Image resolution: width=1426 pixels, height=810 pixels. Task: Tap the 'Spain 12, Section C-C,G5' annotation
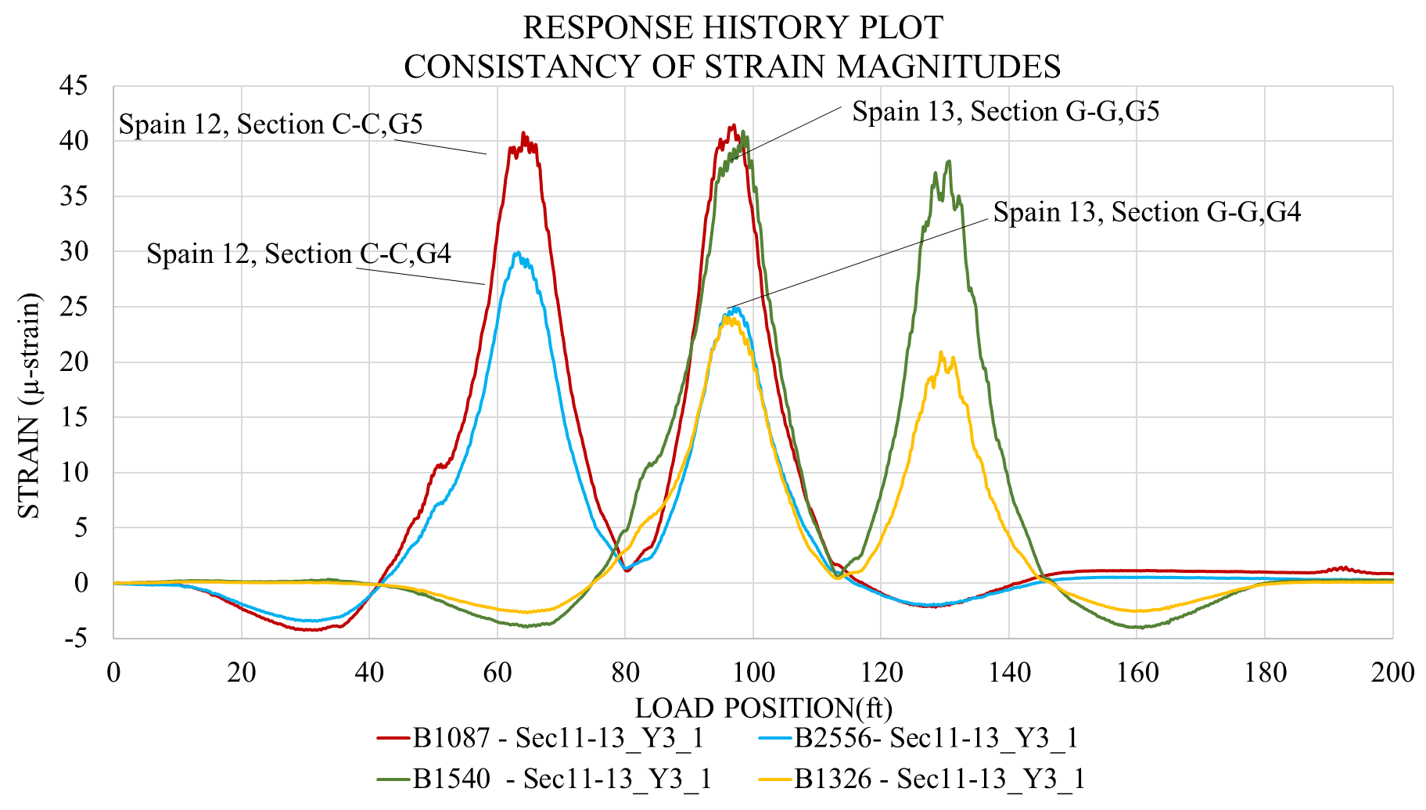pyautogui.click(x=271, y=124)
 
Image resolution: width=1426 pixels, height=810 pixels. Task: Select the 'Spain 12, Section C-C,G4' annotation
pyautogui.click(x=299, y=254)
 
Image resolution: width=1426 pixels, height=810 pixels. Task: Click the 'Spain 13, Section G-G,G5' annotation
pyautogui.click(x=1005, y=111)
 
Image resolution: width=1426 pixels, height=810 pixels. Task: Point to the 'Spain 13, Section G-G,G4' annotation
pyautogui.click(x=1147, y=212)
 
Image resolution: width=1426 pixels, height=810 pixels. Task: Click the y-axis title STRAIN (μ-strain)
pyautogui.click(x=29, y=405)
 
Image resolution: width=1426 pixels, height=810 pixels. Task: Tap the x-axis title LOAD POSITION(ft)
pyautogui.click(x=763, y=707)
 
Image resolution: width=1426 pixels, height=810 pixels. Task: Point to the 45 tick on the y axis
pyautogui.click(x=74, y=85)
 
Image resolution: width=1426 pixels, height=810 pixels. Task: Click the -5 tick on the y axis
pyautogui.click(x=75, y=638)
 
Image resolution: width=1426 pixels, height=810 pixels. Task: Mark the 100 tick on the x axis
pyautogui.click(x=753, y=672)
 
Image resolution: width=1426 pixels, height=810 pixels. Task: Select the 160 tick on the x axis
pyautogui.click(x=1137, y=672)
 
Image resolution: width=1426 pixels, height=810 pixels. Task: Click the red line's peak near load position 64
pyautogui.click(x=523, y=134)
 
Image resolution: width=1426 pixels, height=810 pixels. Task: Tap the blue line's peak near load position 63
pyautogui.click(x=517, y=253)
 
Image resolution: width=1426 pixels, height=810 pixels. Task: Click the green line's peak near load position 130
pyautogui.click(x=949, y=161)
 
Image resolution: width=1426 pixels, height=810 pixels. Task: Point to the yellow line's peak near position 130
pyautogui.click(x=941, y=352)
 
